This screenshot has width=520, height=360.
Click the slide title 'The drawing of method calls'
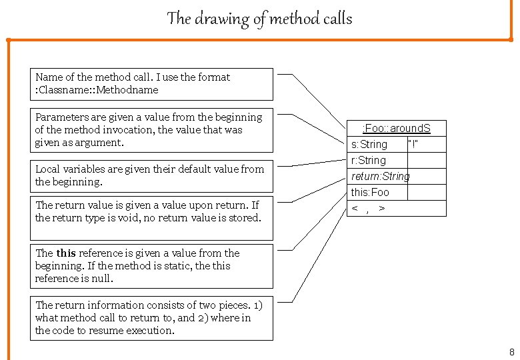pyautogui.click(x=259, y=19)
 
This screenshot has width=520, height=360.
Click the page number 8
pyautogui.click(x=511, y=352)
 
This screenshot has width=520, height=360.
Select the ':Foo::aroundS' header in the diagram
pyautogui.click(x=396, y=128)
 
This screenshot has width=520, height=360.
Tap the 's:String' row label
pyautogui.click(x=369, y=145)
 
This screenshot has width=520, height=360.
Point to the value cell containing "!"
pyautogui.click(x=417, y=145)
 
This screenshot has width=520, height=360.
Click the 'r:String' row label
pyautogui.click(x=369, y=160)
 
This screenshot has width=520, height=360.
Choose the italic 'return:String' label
pyautogui.click(x=380, y=176)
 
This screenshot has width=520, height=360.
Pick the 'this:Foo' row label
pyautogui.click(x=370, y=192)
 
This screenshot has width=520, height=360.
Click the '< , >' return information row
pyautogui.click(x=368, y=209)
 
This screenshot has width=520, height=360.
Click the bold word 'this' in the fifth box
pyautogui.click(x=66, y=253)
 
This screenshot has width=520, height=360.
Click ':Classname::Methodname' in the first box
pyautogui.click(x=97, y=90)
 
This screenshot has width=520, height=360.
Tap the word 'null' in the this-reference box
pyautogui.click(x=103, y=279)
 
